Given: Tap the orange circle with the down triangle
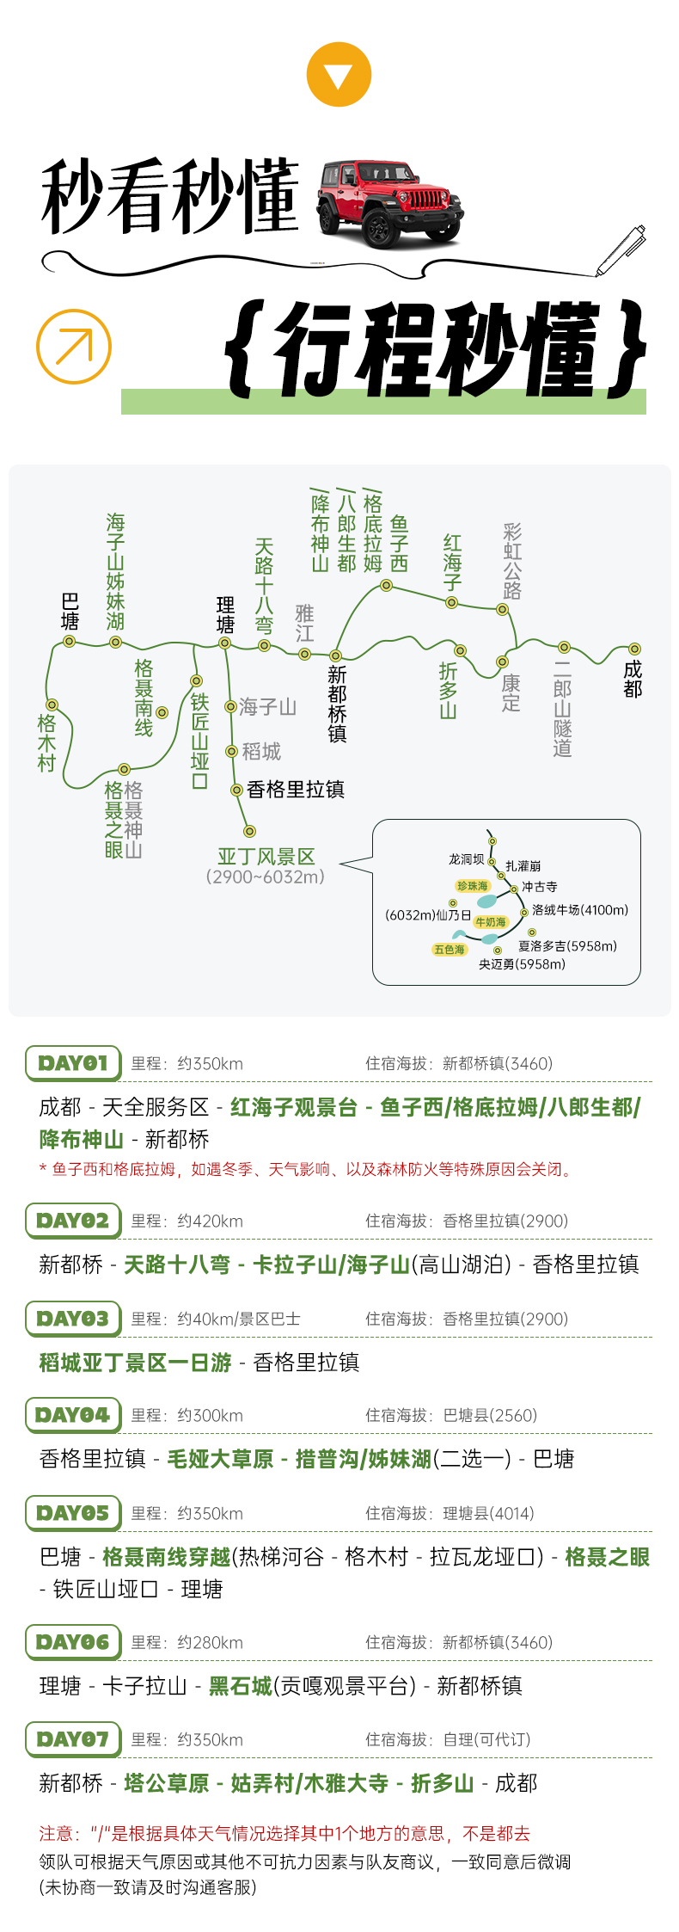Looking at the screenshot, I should point(339,74).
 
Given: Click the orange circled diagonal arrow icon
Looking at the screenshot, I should point(74,346).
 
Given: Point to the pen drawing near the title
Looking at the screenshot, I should point(621,250).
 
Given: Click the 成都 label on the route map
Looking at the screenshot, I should point(633,679).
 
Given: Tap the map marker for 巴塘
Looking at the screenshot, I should point(70,641).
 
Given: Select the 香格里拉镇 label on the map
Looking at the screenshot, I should point(295,790).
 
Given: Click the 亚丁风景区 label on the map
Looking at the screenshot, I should point(266,857).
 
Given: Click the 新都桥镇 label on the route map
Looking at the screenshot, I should point(337,704).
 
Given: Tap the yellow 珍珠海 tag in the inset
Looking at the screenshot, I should point(472,886).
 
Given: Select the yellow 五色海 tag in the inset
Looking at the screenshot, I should point(450,950).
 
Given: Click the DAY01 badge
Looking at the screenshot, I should point(73,1063).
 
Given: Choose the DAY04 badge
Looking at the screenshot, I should point(73,1415).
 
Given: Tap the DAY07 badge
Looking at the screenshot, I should point(73,1739).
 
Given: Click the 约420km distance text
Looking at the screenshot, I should point(210,1221).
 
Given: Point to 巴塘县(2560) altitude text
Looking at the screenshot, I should point(490,1416).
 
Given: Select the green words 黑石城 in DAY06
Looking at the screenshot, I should point(241,1686).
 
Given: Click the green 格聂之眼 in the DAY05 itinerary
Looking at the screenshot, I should point(607,1557).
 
